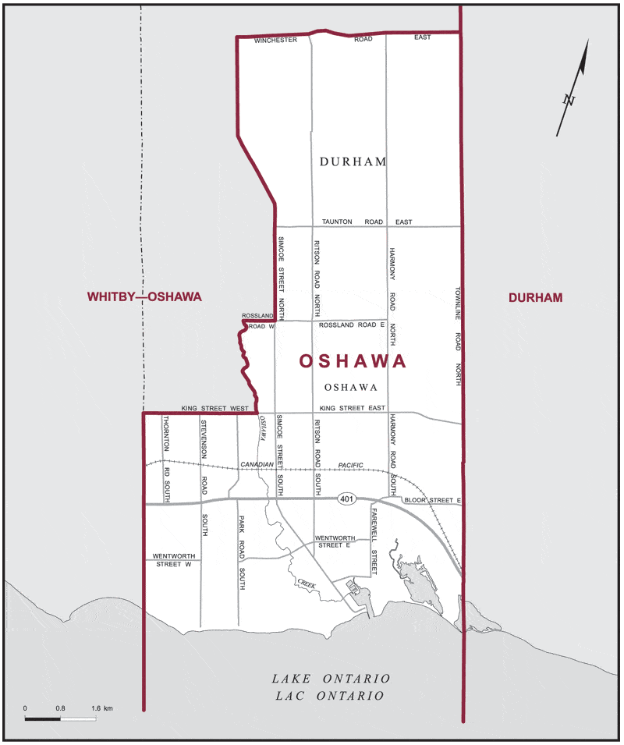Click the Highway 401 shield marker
[x=347, y=498]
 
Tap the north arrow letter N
[x=569, y=100]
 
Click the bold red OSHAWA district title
[x=353, y=362]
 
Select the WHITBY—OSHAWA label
[x=144, y=297]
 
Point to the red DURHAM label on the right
[x=535, y=297]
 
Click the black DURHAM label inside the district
[x=353, y=161]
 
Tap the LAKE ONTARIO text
[x=331, y=679]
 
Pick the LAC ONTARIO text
[x=331, y=696]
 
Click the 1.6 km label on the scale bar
[x=102, y=708]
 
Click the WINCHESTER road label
[x=276, y=40]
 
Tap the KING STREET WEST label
[x=214, y=408]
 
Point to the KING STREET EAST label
[x=353, y=408]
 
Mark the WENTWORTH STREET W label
[x=172, y=559]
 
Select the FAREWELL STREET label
[x=374, y=541]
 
